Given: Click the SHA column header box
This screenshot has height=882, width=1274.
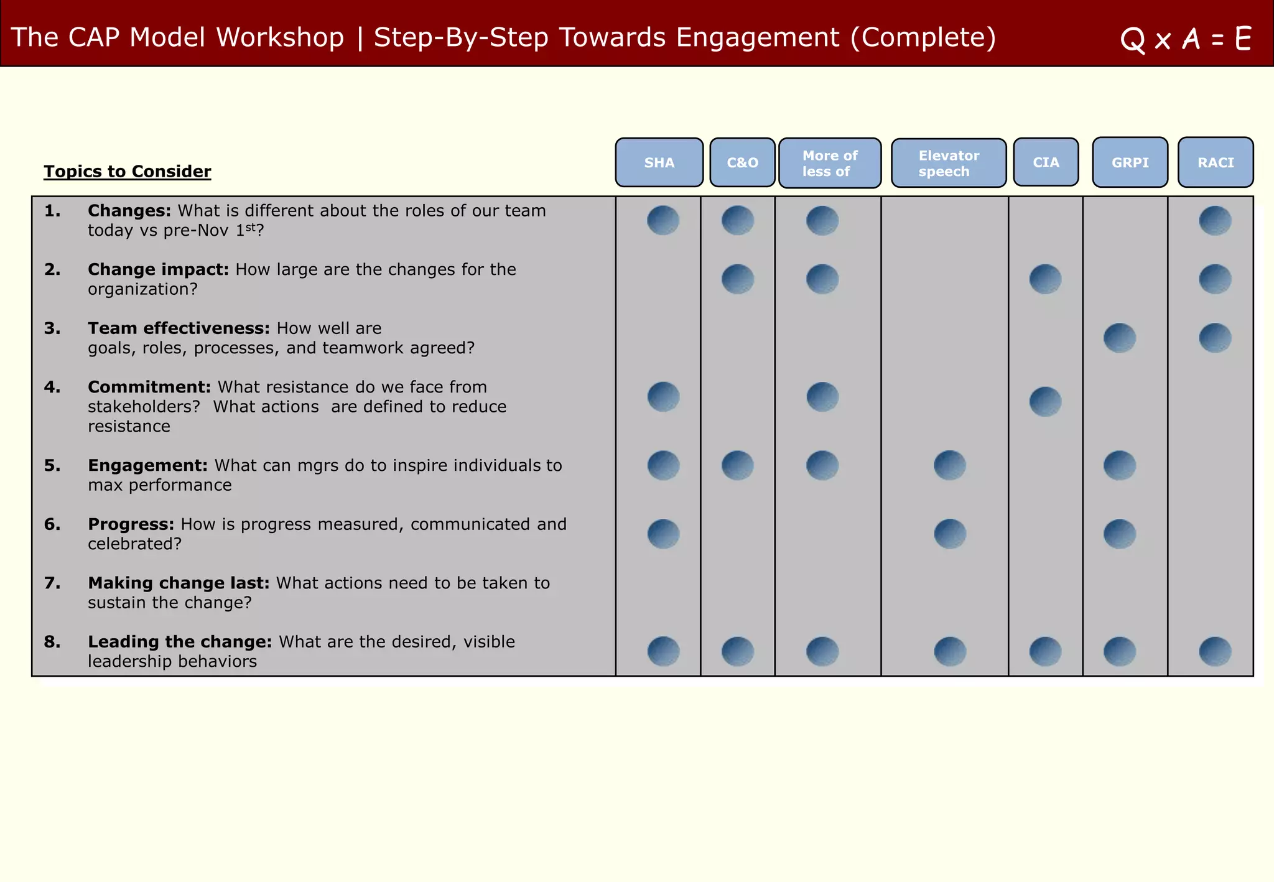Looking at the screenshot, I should pos(659,162).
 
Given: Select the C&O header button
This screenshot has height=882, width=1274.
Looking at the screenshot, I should pos(742,162).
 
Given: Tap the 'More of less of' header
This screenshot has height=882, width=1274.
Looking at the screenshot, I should pos(829,163).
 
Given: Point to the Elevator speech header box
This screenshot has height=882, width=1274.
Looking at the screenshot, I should pos(948,163).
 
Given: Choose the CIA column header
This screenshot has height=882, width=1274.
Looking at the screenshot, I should pos(1046,162).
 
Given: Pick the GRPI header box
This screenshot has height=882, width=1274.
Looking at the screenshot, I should pos(1130,162).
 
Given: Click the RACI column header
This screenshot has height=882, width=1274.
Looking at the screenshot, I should pos(1216,162).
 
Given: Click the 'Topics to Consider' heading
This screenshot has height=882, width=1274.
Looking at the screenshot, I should pos(128,171).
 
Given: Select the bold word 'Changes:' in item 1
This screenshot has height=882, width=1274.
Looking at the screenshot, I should pos(129,211).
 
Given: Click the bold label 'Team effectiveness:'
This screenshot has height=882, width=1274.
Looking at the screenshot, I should pos(179,328).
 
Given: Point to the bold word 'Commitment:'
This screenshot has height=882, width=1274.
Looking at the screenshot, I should pos(149,387).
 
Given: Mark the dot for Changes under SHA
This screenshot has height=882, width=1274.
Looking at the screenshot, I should pos(663,220).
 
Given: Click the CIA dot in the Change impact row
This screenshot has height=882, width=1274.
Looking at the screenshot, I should pos(1045,279).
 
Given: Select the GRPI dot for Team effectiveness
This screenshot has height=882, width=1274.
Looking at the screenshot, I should pos(1120,338).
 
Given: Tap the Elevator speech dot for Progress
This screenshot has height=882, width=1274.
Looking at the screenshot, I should pos(950,534).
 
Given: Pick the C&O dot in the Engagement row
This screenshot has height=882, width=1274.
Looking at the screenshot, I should pos(738,465).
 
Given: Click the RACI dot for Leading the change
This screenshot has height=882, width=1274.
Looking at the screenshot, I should pos(1215,651).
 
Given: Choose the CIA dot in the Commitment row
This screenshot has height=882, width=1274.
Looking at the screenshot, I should pos(1045,401).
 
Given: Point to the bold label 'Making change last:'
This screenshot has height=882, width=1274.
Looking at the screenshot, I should pos(179,583).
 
